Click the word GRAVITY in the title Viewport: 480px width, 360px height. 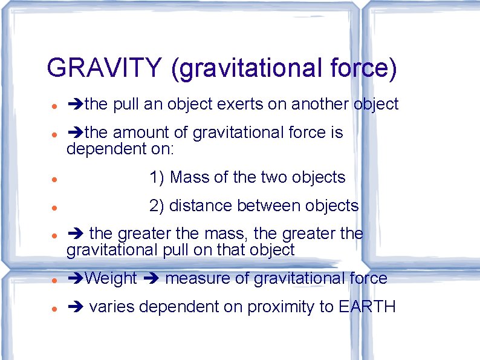[x=104, y=68]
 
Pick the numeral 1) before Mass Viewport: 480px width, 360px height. [x=157, y=177]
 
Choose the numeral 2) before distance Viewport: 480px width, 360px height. [x=157, y=206]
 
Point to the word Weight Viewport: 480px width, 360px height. [x=111, y=278]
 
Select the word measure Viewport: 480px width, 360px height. [x=196, y=278]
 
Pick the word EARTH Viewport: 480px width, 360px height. [x=368, y=307]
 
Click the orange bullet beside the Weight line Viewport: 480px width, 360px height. [x=54, y=280]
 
